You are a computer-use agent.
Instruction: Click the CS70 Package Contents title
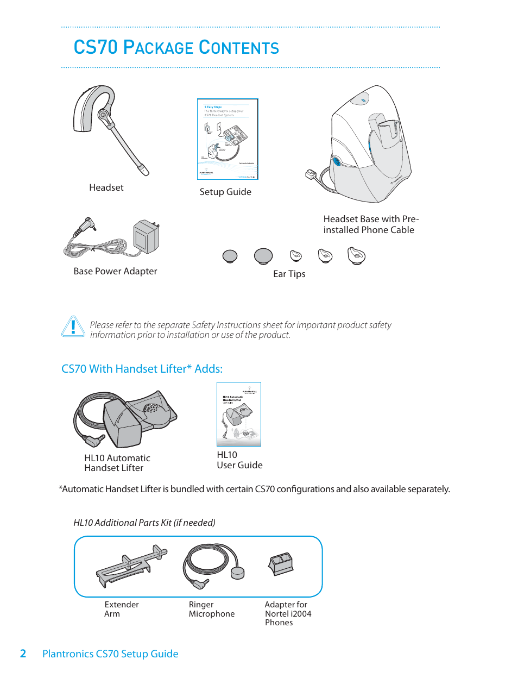[x=176, y=48]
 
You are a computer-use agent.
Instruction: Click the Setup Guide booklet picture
[x=227, y=139]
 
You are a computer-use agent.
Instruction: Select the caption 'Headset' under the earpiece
[x=106, y=187]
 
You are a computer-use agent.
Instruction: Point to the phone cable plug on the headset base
[x=311, y=175]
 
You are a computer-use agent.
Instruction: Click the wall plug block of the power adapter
[x=146, y=236]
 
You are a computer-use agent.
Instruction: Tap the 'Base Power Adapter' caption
[x=115, y=271]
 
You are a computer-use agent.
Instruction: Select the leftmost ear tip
[x=230, y=256]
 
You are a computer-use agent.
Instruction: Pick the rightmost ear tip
[x=356, y=255]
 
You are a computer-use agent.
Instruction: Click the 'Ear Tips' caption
[x=289, y=274]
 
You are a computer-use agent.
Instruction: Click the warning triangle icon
[x=73, y=327]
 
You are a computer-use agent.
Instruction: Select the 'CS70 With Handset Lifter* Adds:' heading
[x=142, y=369]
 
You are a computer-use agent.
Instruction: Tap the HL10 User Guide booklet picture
[x=239, y=414]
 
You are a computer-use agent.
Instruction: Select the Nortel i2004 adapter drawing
[x=281, y=564]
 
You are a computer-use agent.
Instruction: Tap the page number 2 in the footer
[x=23, y=654]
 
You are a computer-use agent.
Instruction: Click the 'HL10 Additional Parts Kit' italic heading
[x=144, y=523]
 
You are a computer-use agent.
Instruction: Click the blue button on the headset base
[x=337, y=161]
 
